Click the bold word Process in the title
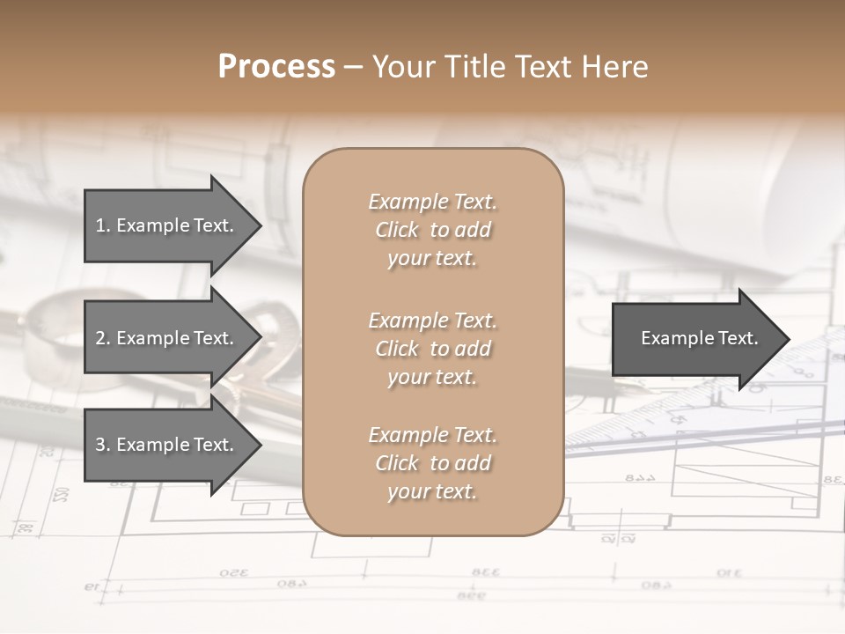point(276,67)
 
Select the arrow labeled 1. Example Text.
point(167,225)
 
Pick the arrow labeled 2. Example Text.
point(167,338)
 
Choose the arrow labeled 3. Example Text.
point(167,445)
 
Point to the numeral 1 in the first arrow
point(100,225)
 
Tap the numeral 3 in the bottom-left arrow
point(100,445)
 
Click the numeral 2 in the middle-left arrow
point(100,338)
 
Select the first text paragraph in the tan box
point(432,230)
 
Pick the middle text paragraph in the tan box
point(432,349)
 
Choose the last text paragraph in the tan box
point(432,463)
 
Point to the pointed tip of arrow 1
point(260,226)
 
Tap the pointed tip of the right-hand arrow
point(789,339)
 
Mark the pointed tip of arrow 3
point(260,446)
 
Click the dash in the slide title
point(353,68)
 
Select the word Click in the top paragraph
point(397,230)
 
